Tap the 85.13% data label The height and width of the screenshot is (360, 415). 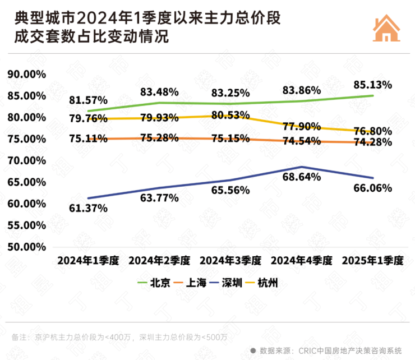(372, 85)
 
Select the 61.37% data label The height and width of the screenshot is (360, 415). (89, 208)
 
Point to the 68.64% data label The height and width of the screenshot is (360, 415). (302, 177)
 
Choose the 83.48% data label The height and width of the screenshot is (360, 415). (160, 91)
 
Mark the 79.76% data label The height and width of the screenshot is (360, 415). (89, 118)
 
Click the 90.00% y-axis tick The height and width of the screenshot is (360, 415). (26, 74)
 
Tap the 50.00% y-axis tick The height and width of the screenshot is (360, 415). (26, 247)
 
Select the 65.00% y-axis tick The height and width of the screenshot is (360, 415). (26, 182)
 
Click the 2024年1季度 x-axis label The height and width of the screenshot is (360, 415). (88, 261)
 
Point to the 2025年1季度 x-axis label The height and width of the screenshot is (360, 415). (372, 261)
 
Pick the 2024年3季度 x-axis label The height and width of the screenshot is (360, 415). (230, 261)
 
